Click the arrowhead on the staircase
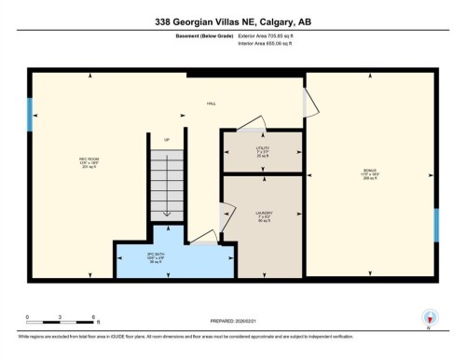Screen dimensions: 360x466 tap(166, 214)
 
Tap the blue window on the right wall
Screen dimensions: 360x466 tap(436, 226)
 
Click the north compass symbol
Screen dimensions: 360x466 tap(430, 318)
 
